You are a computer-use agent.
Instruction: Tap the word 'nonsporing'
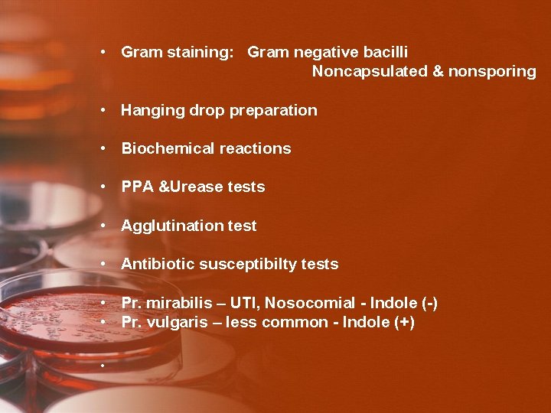[x=492, y=72]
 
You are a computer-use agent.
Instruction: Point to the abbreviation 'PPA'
[x=138, y=187]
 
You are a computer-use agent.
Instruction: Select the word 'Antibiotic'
[x=158, y=265]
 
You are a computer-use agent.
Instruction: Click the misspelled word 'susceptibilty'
[x=248, y=265]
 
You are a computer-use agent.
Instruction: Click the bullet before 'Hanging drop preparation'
[x=103, y=110]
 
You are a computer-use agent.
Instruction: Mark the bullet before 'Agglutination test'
[x=103, y=226]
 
